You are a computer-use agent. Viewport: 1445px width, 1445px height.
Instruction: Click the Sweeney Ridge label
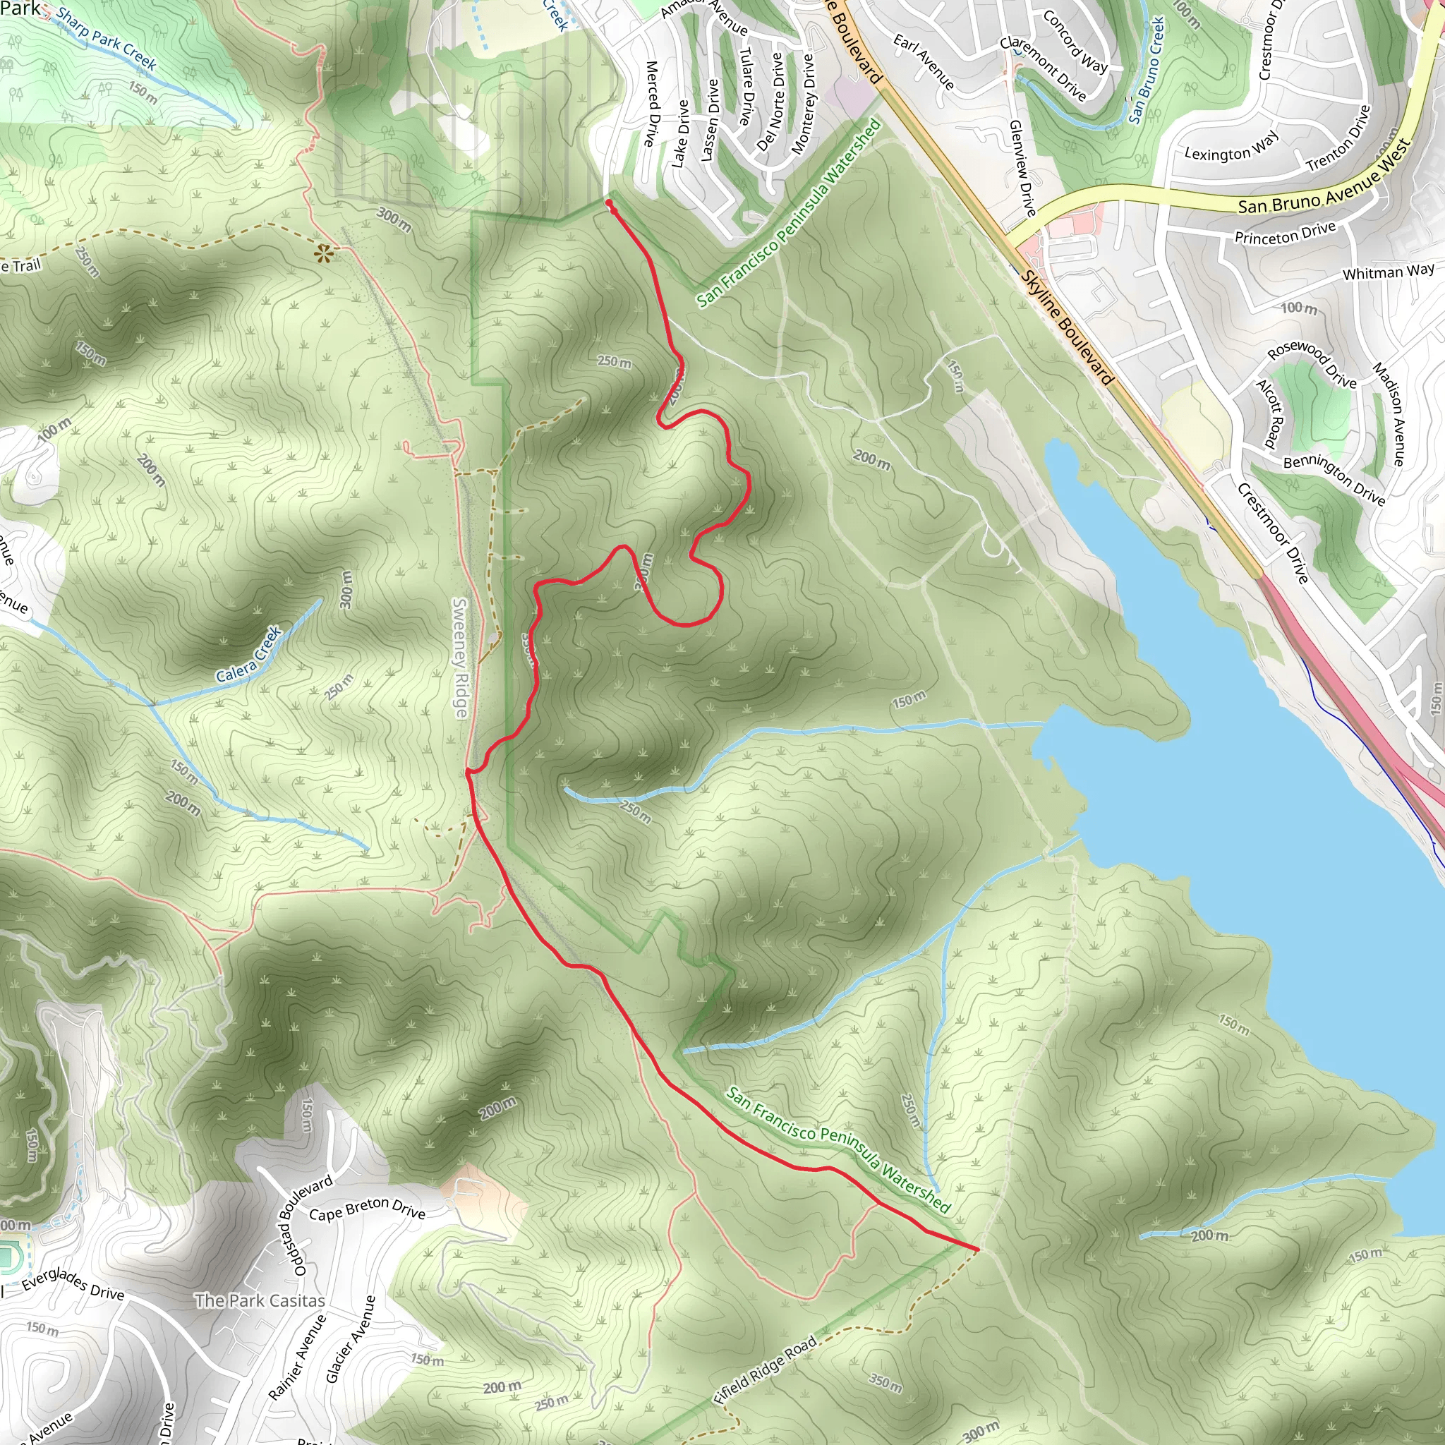tap(461, 658)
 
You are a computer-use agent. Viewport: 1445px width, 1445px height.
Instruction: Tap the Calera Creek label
tap(249, 655)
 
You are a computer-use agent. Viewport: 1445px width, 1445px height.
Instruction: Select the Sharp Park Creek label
tap(107, 40)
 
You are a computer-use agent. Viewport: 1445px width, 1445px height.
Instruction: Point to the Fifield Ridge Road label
tap(764, 1371)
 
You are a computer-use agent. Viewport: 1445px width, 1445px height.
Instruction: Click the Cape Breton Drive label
tap(366, 1209)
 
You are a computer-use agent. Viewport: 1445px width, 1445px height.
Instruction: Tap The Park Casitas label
tap(260, 1300)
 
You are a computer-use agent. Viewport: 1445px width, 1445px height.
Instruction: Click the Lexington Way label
tap(1231, 147)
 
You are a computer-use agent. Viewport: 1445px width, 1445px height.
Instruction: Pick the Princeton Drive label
tap(1284, 234)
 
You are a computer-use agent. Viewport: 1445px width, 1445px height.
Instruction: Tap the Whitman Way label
tap(1388, 272)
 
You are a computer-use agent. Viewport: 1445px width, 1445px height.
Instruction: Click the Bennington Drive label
tap(1334, 479)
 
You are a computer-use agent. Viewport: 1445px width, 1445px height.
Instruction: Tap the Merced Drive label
tap(652, 104)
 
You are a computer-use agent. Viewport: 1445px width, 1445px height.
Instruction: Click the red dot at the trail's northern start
tap(609, 203)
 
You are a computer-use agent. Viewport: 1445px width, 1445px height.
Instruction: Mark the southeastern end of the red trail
tap(976, 1249)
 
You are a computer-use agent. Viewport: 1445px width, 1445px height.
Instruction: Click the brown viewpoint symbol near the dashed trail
tap(323, 254)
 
